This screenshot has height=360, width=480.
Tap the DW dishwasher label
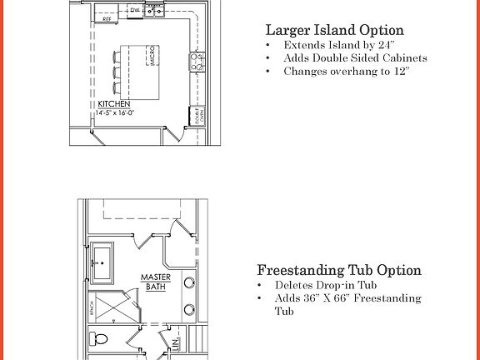click(135, 10)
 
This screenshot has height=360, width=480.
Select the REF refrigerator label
click(107, 17)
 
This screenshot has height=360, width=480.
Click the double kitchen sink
click(155, 10)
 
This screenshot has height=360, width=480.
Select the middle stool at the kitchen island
click(115, 71)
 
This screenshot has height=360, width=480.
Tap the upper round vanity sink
click(189, 282)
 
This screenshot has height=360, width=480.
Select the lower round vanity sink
click(189, 308)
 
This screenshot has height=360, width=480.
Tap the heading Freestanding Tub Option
click(338, 270)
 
